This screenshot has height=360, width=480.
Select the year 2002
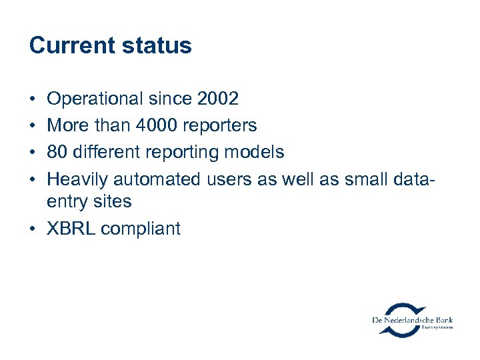tap(218, 99)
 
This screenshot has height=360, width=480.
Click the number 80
tap(57, 152)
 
